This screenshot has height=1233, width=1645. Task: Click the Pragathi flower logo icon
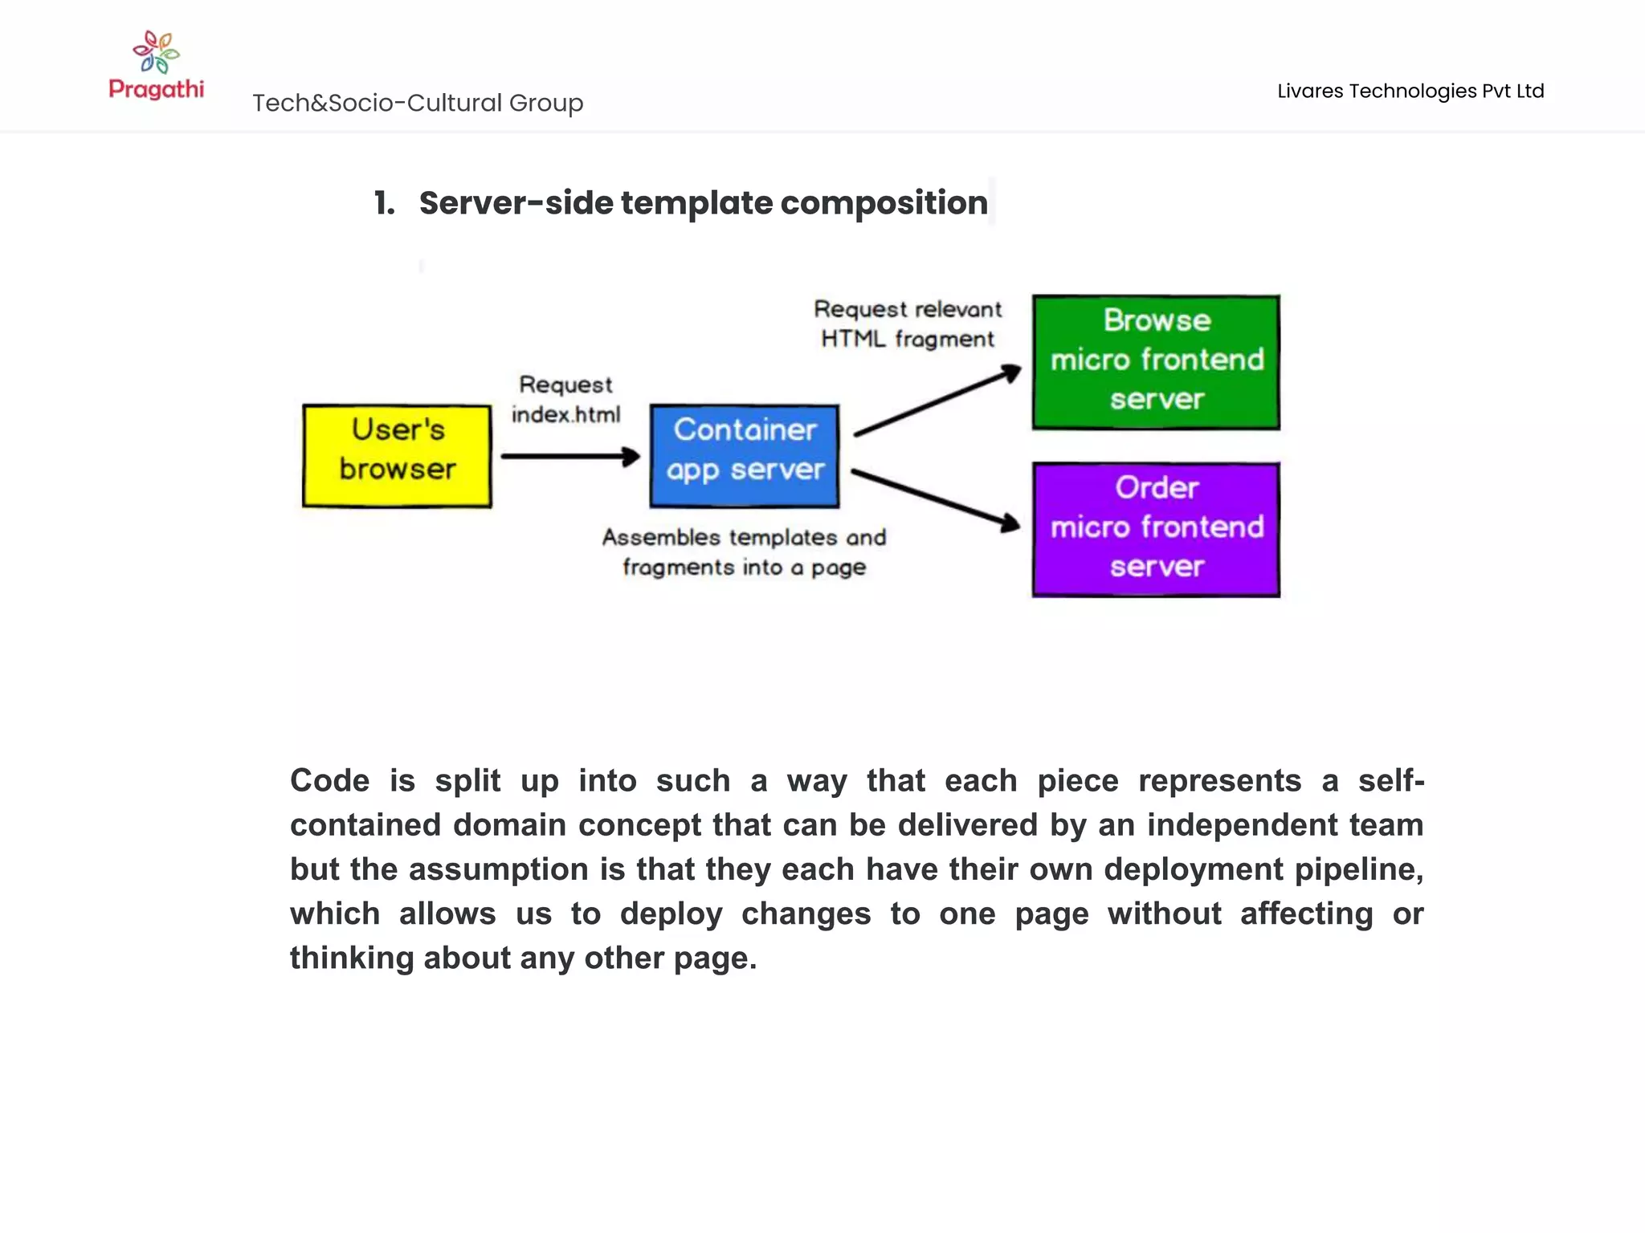[156, 51]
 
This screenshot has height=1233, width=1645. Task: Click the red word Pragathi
[156, 88]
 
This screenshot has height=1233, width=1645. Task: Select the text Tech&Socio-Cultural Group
[418, 103]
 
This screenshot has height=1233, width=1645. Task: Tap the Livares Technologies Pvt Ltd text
[1410, 91]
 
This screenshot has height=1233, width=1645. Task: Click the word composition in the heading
[884, 203]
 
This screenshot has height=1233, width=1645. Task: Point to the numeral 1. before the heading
[385, 203]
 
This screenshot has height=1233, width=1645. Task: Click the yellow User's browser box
[397, 456]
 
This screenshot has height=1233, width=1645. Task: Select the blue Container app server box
[745, 456]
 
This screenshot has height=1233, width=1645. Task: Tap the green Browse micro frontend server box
[1156, 362]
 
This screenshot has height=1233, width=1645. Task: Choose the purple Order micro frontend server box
[1156, 529]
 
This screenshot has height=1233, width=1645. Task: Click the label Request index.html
[565, 399]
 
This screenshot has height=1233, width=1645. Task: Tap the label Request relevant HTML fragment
[908, 324]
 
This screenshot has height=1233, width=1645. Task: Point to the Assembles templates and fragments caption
[744, 551]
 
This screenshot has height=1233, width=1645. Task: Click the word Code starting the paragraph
[329, 780]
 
